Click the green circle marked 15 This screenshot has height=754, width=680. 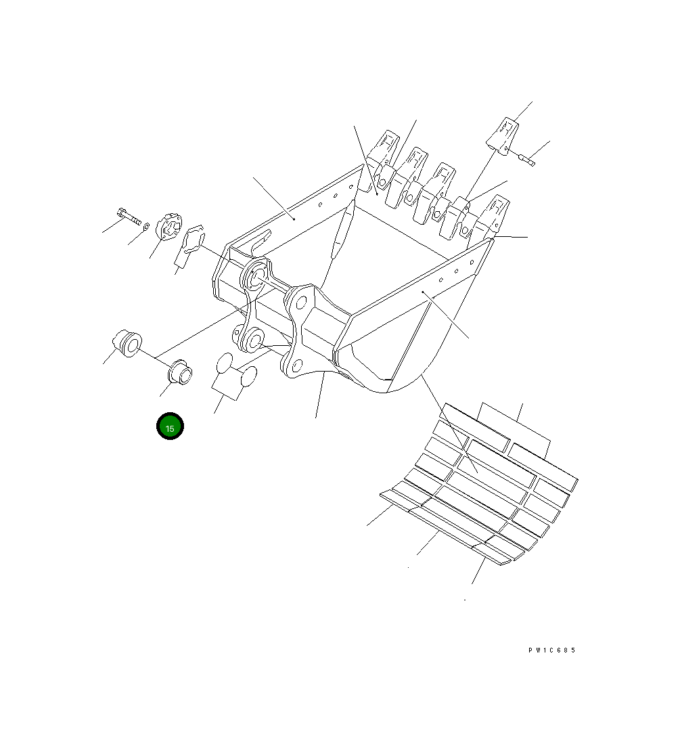pos(170,426)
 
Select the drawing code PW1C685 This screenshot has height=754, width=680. pos(551,650)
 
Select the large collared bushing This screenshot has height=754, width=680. pos(127,342)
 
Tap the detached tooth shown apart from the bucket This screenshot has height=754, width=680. pos(503,136)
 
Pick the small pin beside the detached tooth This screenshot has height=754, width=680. pos(526,158)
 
